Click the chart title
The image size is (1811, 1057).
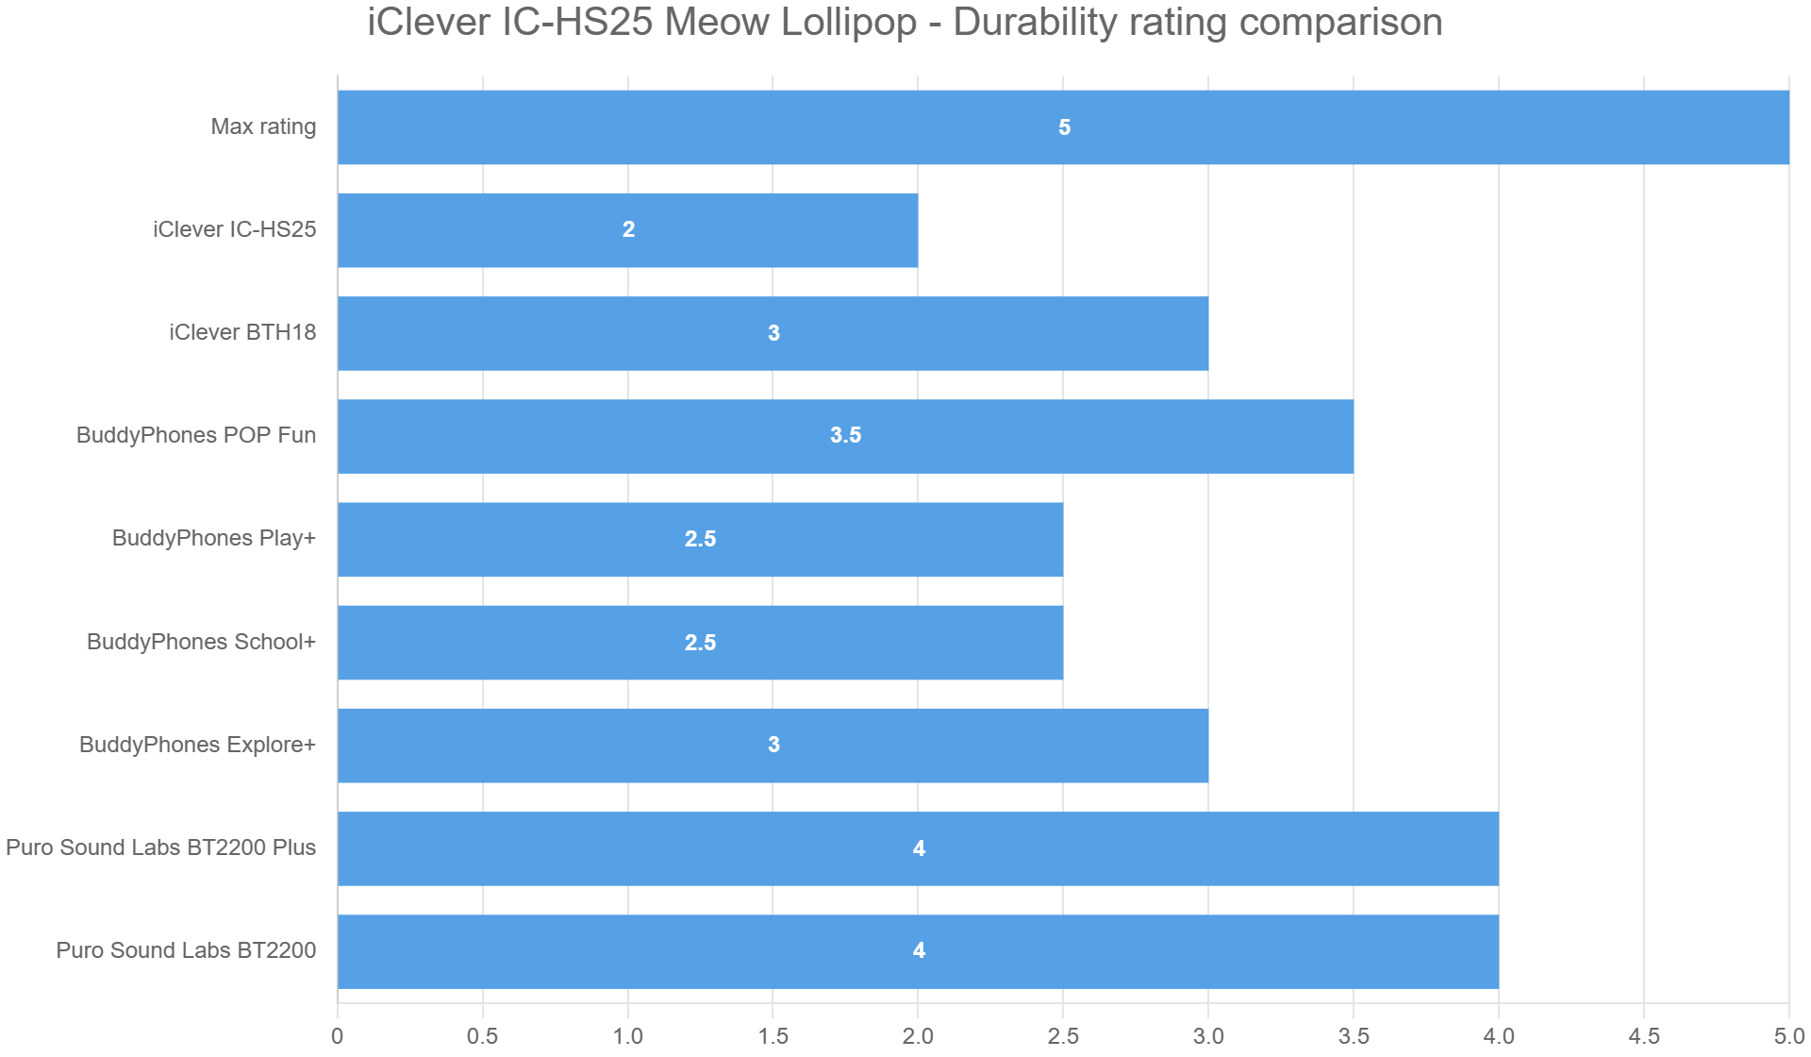905,23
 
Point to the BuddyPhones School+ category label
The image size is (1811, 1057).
201,642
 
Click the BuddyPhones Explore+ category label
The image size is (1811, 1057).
197,745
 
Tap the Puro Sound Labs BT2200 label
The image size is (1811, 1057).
186,950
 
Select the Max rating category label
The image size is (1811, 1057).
263,126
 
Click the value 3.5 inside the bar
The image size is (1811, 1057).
845,435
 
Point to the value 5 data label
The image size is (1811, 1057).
1064,127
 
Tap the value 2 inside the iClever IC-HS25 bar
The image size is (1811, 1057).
628,229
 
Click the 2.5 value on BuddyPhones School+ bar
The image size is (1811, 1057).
700,643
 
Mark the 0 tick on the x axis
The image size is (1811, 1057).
337,1036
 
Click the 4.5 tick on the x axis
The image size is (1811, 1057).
1643,1036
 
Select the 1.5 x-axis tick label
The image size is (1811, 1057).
773,1036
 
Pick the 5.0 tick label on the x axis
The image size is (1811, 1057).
1788,1036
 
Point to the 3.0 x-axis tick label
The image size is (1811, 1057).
1208,1036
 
